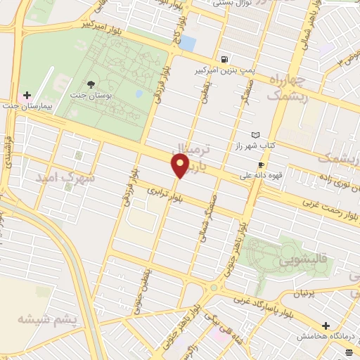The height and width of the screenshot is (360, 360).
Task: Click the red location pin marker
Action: click(180, 166)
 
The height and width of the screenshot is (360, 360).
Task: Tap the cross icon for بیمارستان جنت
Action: click(27, 95)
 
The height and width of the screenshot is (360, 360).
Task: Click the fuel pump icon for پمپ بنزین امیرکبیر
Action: click(224, 60)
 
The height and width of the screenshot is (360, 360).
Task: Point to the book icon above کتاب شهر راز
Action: click(255, 135)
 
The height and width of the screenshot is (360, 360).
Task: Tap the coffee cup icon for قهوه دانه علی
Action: click(262, 165)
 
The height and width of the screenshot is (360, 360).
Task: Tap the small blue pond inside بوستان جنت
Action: click(139, 93)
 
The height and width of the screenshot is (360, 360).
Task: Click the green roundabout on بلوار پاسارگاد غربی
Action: click(223, 287)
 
